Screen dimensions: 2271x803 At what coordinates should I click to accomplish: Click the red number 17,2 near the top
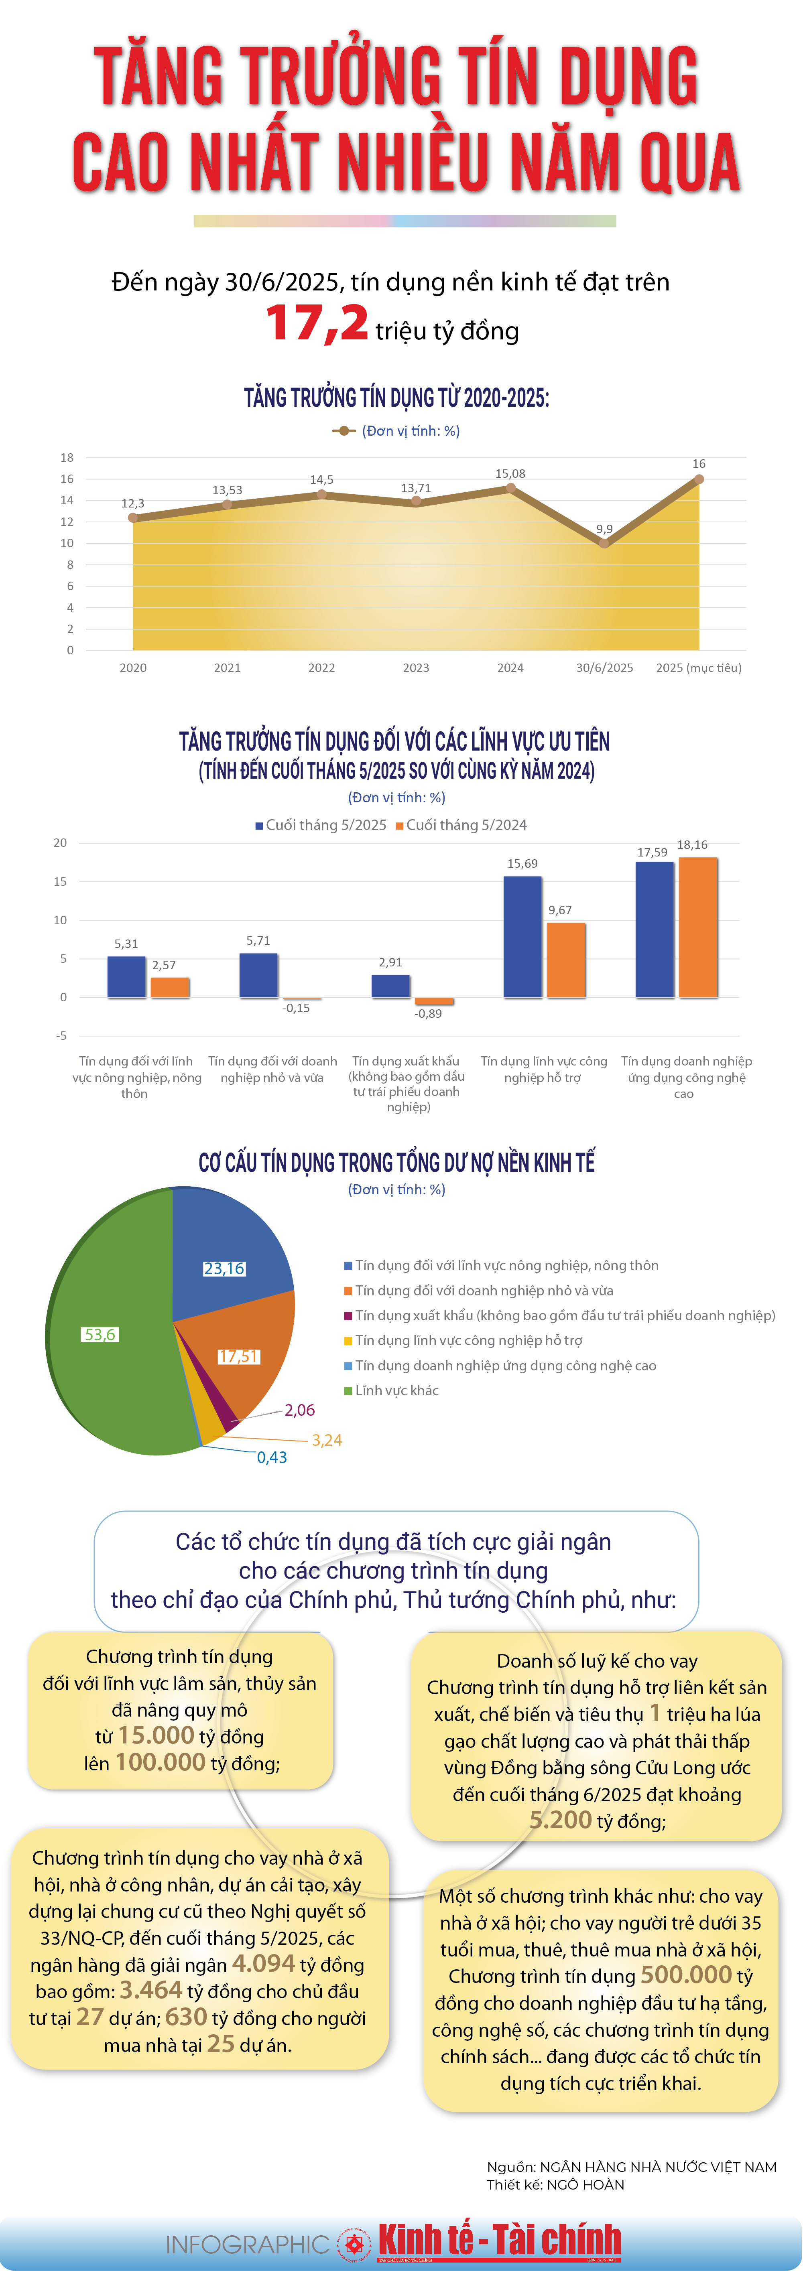317,324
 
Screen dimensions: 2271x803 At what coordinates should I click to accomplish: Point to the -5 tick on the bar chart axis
61,1036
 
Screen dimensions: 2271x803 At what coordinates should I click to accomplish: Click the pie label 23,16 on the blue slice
224,1268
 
